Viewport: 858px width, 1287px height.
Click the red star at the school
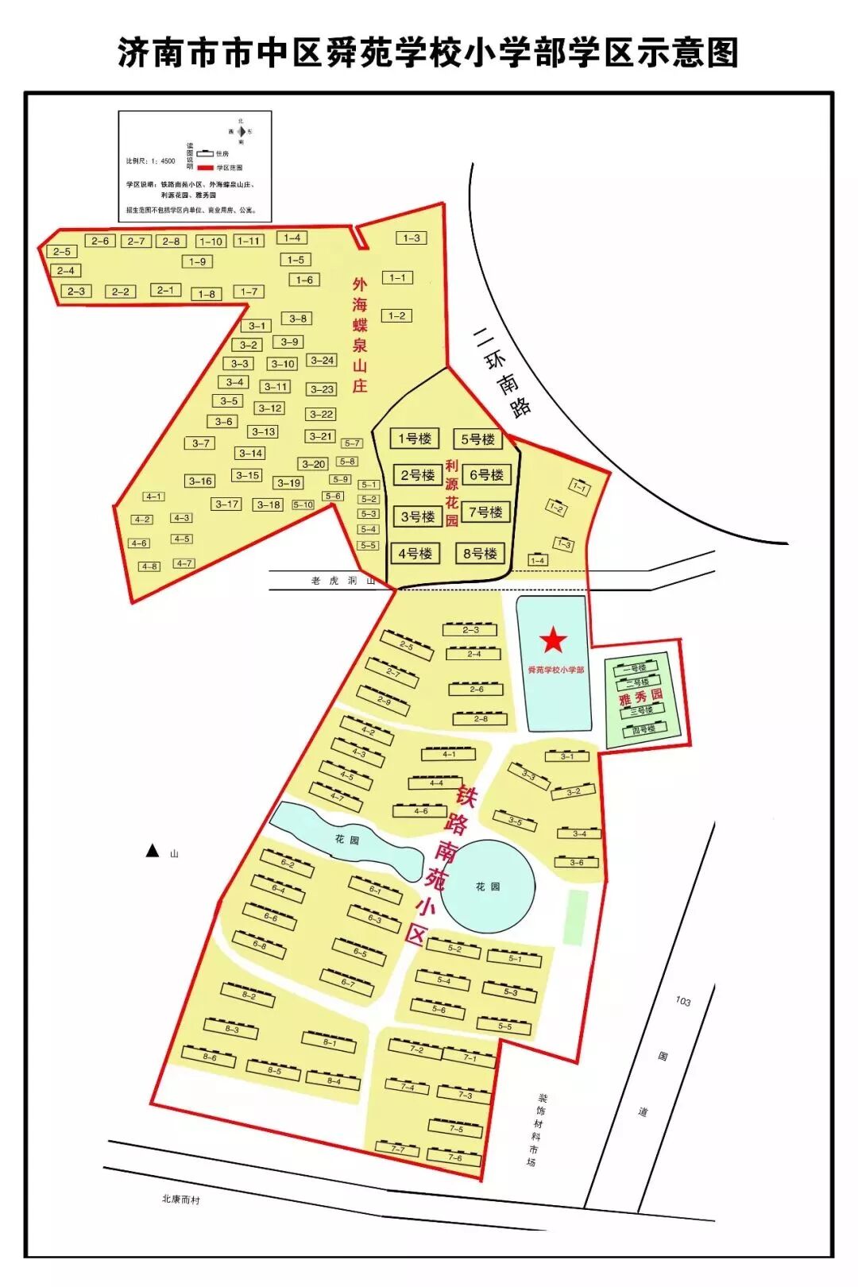click(553, 640)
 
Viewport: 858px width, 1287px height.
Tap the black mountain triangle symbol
click(152, 851)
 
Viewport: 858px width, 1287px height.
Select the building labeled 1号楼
click(414, 439)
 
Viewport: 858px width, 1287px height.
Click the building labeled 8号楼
click(480, 554)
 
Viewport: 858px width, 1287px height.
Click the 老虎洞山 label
click(342, 581)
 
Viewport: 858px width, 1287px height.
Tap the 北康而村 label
click(180, 1199)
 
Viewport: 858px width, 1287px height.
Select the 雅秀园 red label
click(640, 697)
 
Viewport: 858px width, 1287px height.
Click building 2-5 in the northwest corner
click(62, 252)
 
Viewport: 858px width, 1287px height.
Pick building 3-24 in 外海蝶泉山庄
click(322, 361)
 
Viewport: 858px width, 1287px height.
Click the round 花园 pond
click(488, 886)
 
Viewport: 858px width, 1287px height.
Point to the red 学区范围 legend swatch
click(206, 168)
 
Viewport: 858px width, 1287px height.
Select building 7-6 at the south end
click(454, 1157)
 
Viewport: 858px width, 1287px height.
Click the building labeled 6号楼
click(486, 475)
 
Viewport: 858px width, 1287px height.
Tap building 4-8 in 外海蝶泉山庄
click(149, 566)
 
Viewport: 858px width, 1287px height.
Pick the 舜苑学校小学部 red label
click(555, 671)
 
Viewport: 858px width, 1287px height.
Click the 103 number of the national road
click(683, 1001)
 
